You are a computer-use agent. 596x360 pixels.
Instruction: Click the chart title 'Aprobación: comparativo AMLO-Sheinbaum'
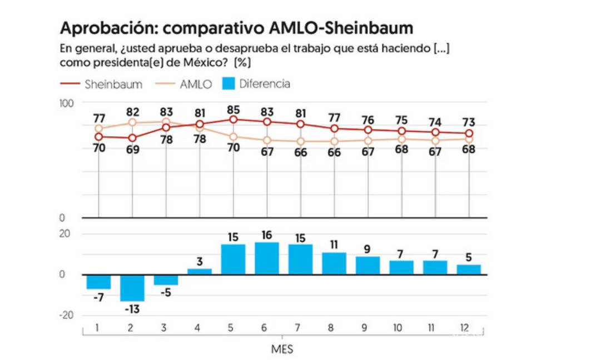pyautogui.click(x=236, y=28)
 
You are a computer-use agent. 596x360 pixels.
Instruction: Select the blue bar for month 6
pyautogui.click(x=267, y=258)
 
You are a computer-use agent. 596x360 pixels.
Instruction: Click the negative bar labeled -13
pyautogui.click(x=132, y=288)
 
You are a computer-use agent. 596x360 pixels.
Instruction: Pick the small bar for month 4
pyautogui.click(x=200, y=271)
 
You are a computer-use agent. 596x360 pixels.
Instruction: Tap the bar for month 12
pyautogui.click(x=469, y=269)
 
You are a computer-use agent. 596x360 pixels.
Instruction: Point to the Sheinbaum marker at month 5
pyautogui.click(x=234, y=119)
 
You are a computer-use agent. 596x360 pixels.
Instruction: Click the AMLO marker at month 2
pyautogui.click(x=132, y=123)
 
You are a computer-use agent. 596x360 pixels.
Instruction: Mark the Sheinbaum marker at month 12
pyautogui.click(x=469, y=133)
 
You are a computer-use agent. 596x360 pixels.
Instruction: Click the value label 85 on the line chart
pyautogui.click(x=234, y=108)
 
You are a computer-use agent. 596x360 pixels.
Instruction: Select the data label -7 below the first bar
pyautogui.click(x=98, y=297)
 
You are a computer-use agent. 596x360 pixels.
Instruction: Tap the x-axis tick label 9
pyautogui.click(x=364, y=328)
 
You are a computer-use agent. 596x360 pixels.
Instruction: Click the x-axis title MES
pyautogui.click(x=282, y=350)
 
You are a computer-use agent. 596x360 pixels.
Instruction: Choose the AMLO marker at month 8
pyautogui.click(x=334, y=141)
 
